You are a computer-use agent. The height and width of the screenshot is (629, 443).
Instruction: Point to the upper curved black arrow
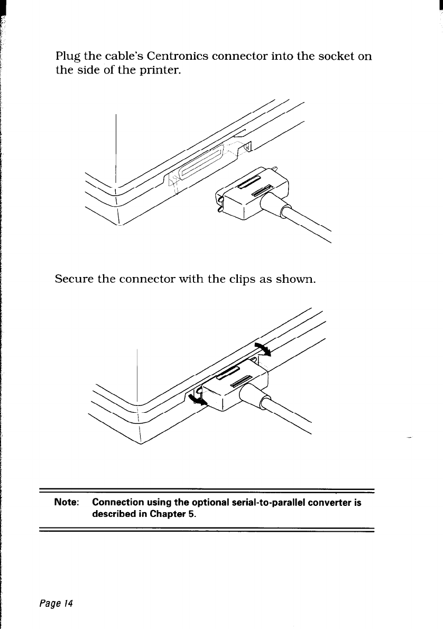263,347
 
